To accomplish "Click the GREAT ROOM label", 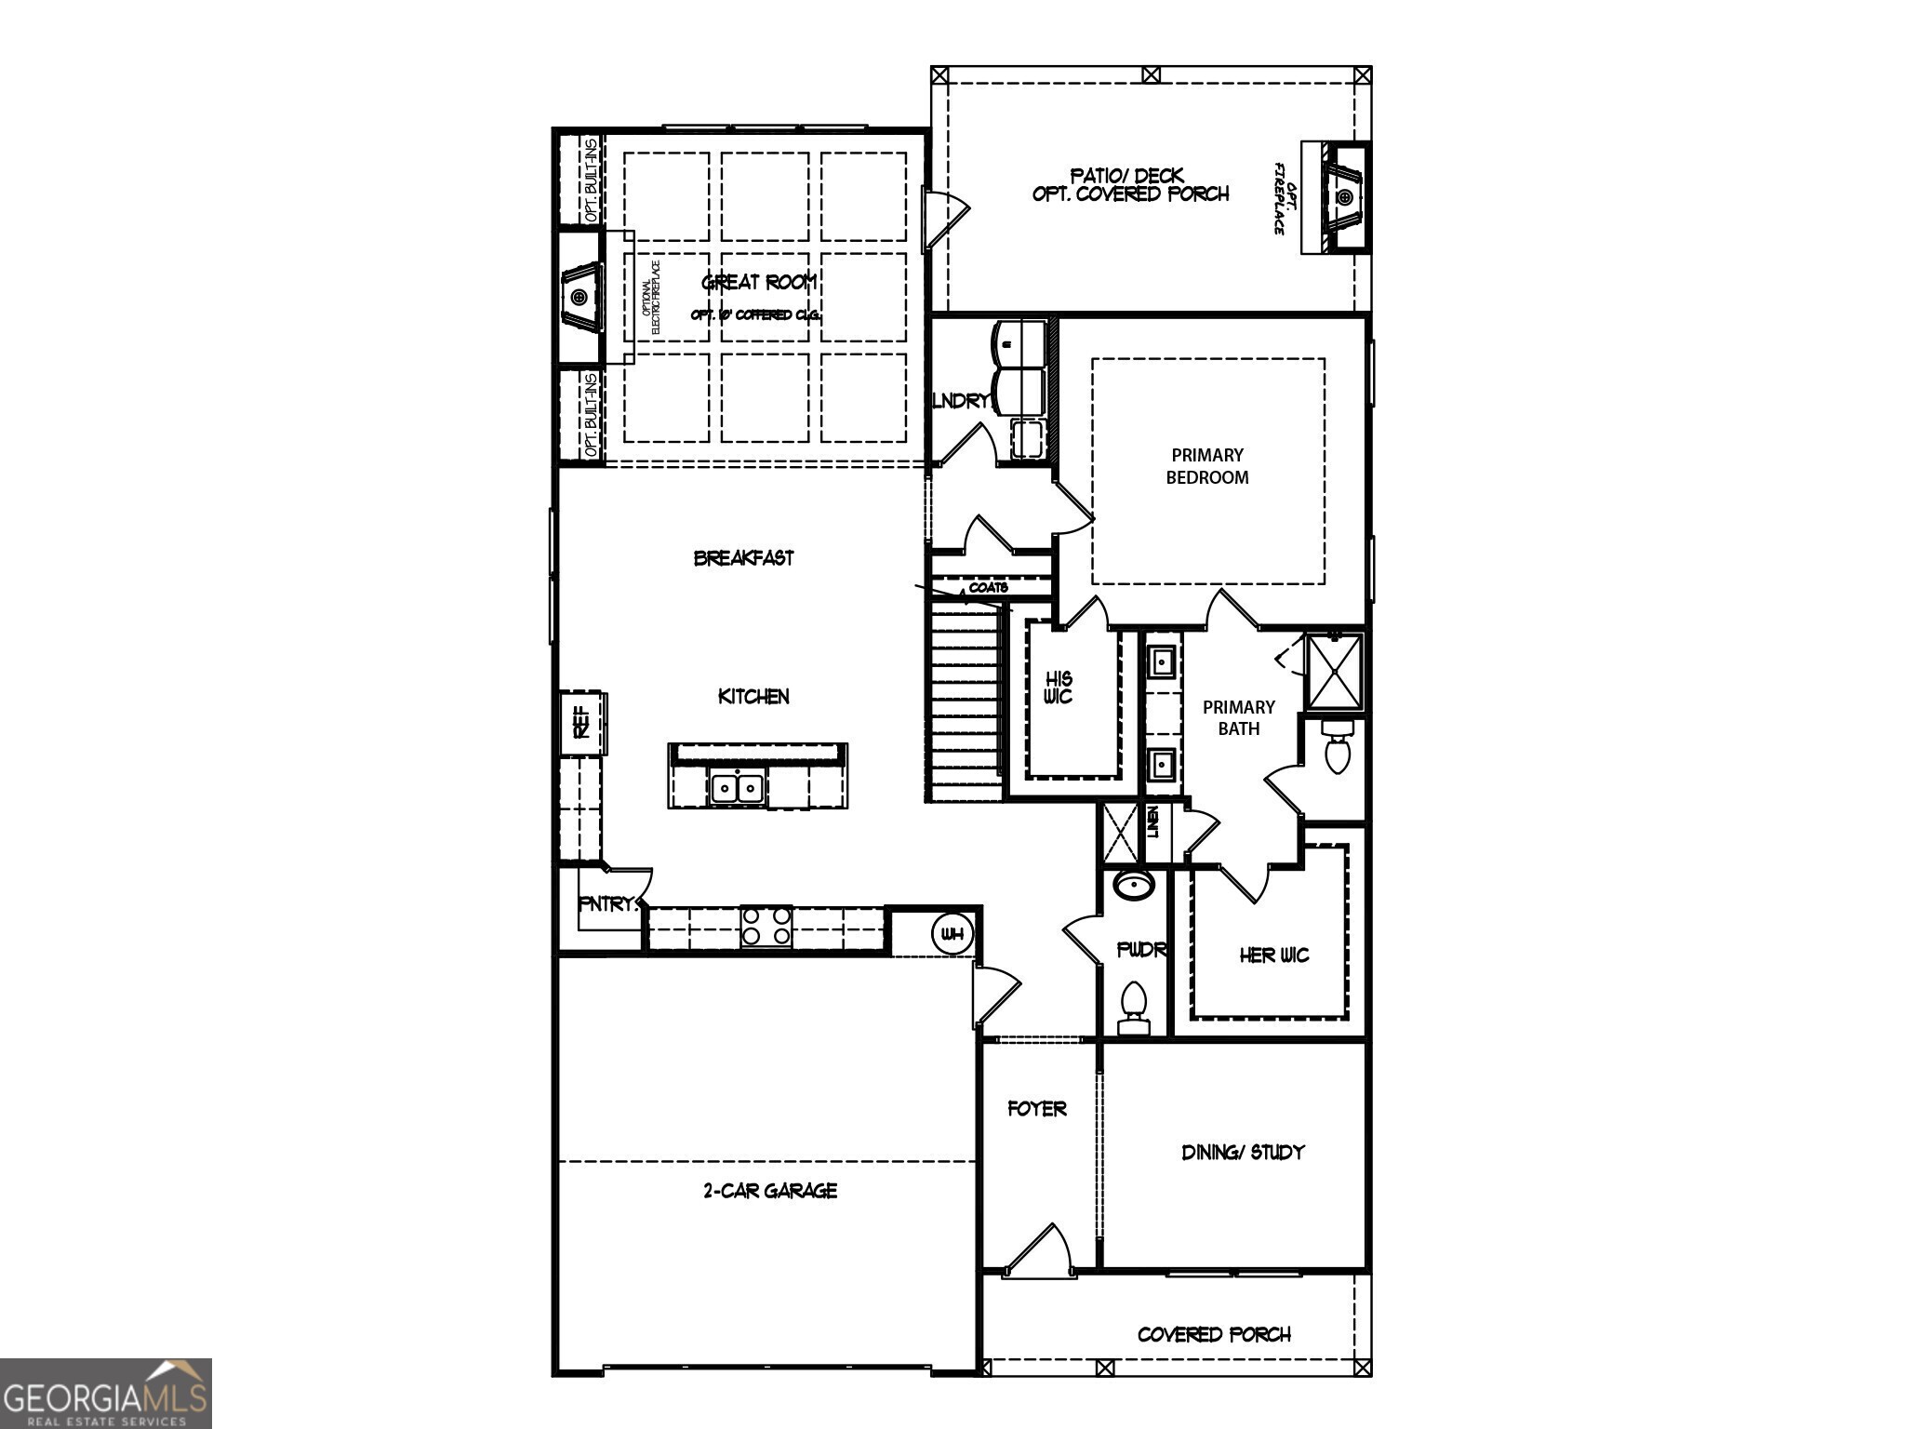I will (759, 282).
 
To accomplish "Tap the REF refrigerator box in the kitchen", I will (582, 723).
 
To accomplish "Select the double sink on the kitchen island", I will (737, 788).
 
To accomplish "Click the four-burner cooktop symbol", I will (766, 926).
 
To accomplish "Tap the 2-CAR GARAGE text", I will (770, 1191).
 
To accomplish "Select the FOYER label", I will (1037, 1109).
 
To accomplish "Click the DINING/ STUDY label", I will (1243, 1153).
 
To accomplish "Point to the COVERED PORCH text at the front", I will (1214, 1335).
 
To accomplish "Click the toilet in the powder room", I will (1133, 1007).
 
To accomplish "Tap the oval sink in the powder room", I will (1134, 885).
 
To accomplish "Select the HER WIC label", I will (1273, 955).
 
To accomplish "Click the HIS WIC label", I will (1059, 688).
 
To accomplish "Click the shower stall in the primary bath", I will (1334, 671).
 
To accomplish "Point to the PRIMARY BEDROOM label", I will (1207, 466).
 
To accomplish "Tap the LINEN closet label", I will (1153, 821).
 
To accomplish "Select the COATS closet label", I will (988, 588).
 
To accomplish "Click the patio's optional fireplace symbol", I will (1345, 197).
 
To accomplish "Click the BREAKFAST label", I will (744, 558).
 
